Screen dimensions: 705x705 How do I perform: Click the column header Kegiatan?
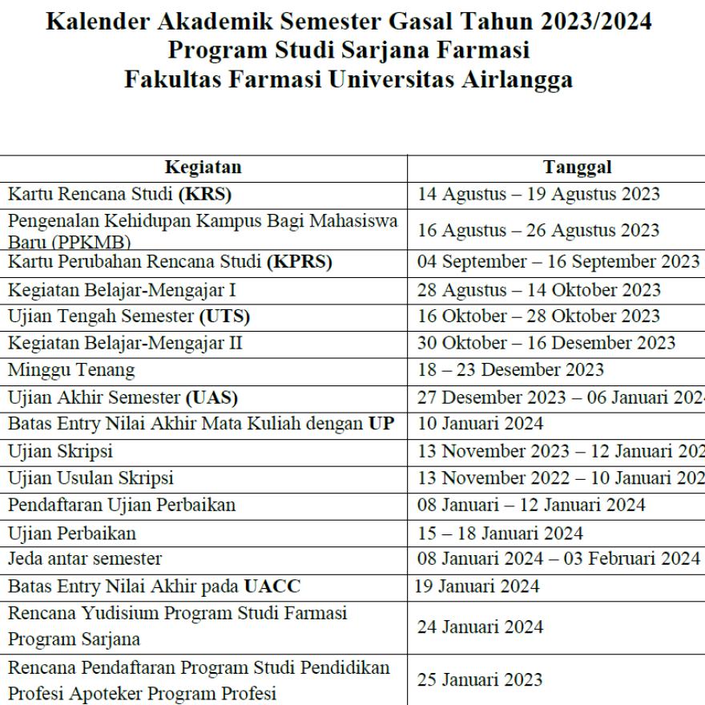click(203, 167)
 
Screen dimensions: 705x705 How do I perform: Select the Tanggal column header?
click(577, 167)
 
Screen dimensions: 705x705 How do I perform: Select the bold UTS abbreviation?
click(224, 316)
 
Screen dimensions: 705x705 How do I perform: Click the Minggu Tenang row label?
click(71, 370)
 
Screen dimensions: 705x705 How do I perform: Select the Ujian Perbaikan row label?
click(72, 533)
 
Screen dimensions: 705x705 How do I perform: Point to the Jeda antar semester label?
click(85, 559)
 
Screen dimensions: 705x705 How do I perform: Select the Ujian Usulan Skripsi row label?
click(91, 478)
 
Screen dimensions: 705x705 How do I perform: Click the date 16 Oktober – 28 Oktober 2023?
click(538, 316)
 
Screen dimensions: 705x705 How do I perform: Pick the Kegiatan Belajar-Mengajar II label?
click(126, 343)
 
